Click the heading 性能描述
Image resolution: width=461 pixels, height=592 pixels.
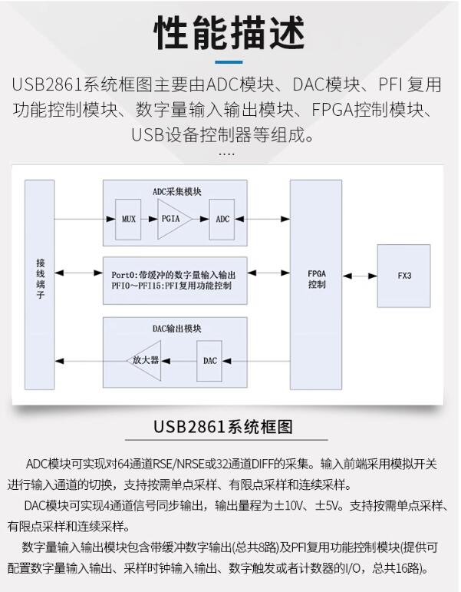pos(230,32)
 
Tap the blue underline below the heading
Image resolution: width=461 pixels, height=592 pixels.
pos(229,62)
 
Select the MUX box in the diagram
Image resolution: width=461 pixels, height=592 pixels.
pos(128,219)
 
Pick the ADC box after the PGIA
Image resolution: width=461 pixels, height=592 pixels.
pos(222,219)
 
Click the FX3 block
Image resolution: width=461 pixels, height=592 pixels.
pos(403,276)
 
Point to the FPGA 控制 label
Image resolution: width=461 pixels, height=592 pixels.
pos(316,278)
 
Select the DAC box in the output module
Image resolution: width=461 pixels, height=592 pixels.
pos(211,360)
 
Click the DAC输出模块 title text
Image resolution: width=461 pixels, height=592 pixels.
pos(176,328)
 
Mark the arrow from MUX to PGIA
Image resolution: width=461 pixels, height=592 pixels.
pos(149,219)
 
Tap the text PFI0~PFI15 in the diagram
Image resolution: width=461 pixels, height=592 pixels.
pos(138,286)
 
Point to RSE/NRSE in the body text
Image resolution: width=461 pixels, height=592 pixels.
pos(163,464)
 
